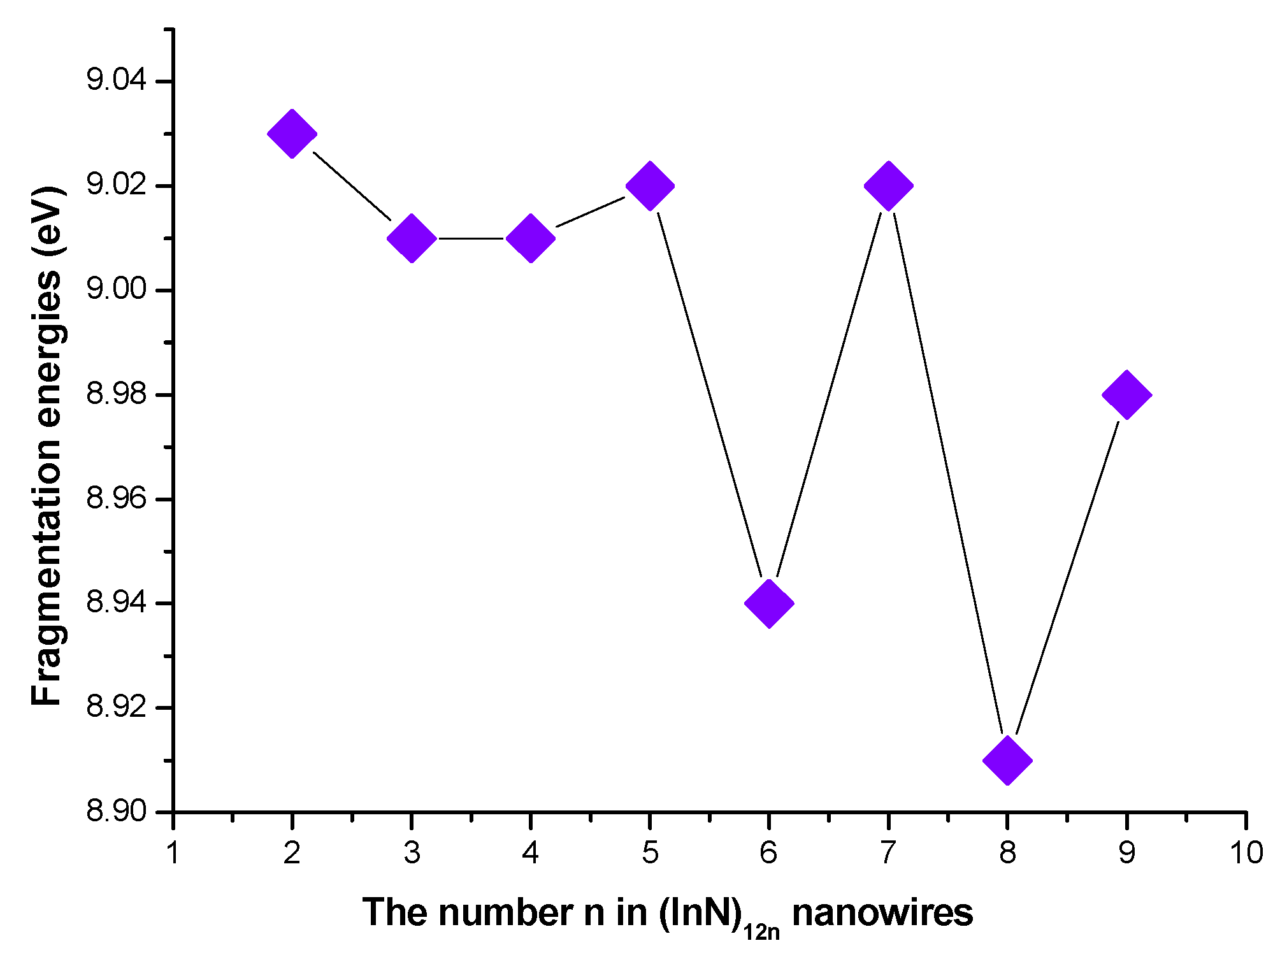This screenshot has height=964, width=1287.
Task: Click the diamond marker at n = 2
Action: click(x=292, y=134)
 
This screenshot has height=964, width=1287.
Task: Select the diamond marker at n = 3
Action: click(x=412, y=238)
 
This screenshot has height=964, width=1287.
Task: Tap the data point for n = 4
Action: click(x=531, y=238)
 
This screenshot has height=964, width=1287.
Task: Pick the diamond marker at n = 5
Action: click(x=650, y=186)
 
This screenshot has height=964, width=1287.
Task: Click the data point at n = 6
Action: click(x=769, y=603)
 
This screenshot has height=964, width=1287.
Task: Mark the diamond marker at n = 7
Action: click(x=888, y=186)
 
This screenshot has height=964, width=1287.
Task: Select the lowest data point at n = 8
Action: click(x=1007, y=760)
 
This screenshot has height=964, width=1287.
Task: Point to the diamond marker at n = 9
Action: click(x=1126, y=394)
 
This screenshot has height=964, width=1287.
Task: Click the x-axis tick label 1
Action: click(x=173, y=852)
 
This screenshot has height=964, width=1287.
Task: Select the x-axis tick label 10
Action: click(x=1246, y=852)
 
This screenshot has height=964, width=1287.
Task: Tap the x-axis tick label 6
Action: click(x=769, y=852)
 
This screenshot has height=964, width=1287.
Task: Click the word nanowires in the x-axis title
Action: click(x=882, y=912)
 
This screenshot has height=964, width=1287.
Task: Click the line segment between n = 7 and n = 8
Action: click(x=947, y=471)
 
